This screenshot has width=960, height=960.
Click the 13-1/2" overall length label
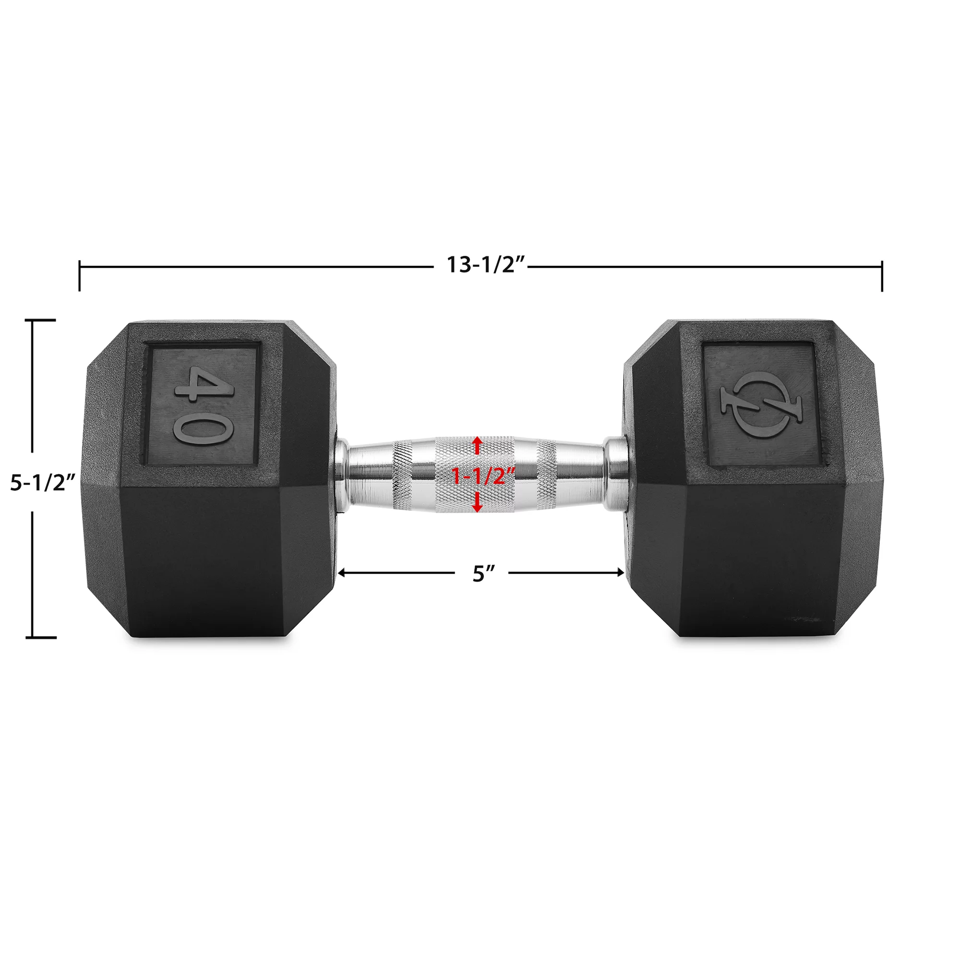coord(485,265)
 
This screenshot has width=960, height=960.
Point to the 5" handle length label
coord(481,574)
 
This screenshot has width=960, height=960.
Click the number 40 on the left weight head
coord(204,406)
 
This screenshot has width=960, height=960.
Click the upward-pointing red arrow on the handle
coord(478,445)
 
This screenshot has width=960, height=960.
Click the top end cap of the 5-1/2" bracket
coord(44,321)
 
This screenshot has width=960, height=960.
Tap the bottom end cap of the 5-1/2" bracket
coord(44,637)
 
